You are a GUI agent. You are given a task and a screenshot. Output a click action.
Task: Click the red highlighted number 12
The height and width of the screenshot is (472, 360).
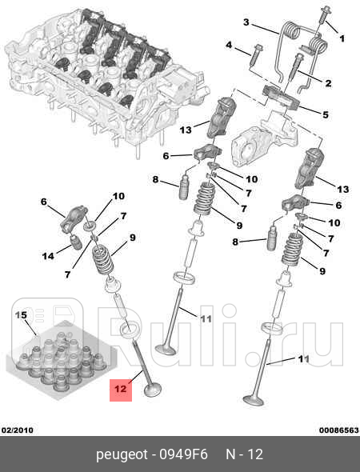tap(121, 389)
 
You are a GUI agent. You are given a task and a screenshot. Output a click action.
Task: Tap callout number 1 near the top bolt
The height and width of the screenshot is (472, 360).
tap(342, 38)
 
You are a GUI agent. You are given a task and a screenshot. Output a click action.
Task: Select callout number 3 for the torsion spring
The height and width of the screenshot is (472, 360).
tap(246, 22)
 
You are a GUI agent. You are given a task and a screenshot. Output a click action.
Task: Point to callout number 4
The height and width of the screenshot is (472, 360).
tap(229, 45)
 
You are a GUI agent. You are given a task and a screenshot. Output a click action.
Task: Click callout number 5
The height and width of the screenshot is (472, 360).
tap(326, 114)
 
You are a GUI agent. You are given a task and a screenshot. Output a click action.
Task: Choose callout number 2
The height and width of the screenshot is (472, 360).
tap(328, 83)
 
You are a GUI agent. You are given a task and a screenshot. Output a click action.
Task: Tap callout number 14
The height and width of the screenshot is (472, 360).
tap(48, 256)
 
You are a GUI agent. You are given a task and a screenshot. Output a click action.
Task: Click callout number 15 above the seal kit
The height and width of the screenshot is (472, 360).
tap(21, 315)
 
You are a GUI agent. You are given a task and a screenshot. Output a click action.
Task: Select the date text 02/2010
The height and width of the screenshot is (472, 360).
tap(17, 430)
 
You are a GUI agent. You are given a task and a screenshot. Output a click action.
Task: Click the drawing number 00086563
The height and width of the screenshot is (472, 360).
tap(339, 430)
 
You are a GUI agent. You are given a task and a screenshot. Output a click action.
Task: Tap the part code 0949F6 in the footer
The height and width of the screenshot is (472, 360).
tap(183, 454)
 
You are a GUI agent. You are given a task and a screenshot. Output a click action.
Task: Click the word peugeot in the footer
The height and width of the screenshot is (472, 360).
tap(122, 455)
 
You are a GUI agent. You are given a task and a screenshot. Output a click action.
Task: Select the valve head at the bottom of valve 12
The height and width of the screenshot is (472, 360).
tap(153, 390)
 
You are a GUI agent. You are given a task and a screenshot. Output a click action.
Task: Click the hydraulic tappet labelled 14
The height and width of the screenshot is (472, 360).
tap(75, 242)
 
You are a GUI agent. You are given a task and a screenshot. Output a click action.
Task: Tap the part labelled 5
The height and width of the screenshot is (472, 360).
tap(281, 98)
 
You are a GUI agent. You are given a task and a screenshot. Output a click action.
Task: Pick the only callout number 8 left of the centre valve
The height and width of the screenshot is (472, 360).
tap(155, 180)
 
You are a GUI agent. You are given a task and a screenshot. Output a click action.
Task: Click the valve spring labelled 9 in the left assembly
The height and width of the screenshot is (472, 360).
tap(102, 259)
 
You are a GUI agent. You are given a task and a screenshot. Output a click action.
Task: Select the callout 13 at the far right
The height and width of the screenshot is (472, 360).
tap(342, 190)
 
